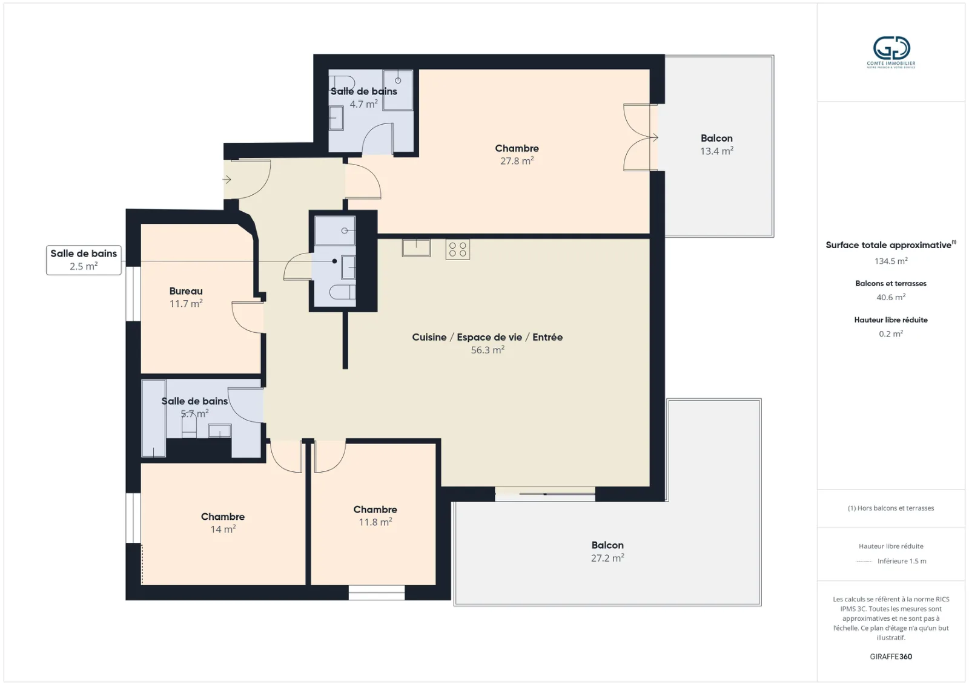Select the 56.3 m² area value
coord(488,350)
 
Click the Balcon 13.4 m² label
coord(717,145)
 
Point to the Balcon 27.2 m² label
coord(607,551)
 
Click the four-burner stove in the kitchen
coord(458,249)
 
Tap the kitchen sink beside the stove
coord(416,248)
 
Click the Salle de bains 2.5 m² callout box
coord(84,260)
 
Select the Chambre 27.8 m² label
coord(517,154)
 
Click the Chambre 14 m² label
coord(223,523)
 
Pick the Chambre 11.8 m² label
coord(375,516)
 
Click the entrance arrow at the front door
coord(227,179)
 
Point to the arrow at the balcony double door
coord(654,137)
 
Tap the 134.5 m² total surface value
coord(891,261)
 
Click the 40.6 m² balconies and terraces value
coord(891,297)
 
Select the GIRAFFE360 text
coord(891,657)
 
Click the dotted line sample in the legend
coord(864,562)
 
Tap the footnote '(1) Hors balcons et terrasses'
coord(891,508)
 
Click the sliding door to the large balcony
coord(545,494)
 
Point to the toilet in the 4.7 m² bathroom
coord(342,82)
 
